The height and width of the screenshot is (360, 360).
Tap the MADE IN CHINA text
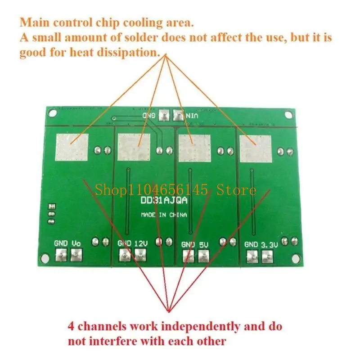pos(164,215)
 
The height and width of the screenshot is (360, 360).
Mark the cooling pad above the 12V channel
pos(133,147)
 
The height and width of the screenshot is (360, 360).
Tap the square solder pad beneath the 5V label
pos(204,257)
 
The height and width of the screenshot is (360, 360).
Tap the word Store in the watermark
pos(237,190)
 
